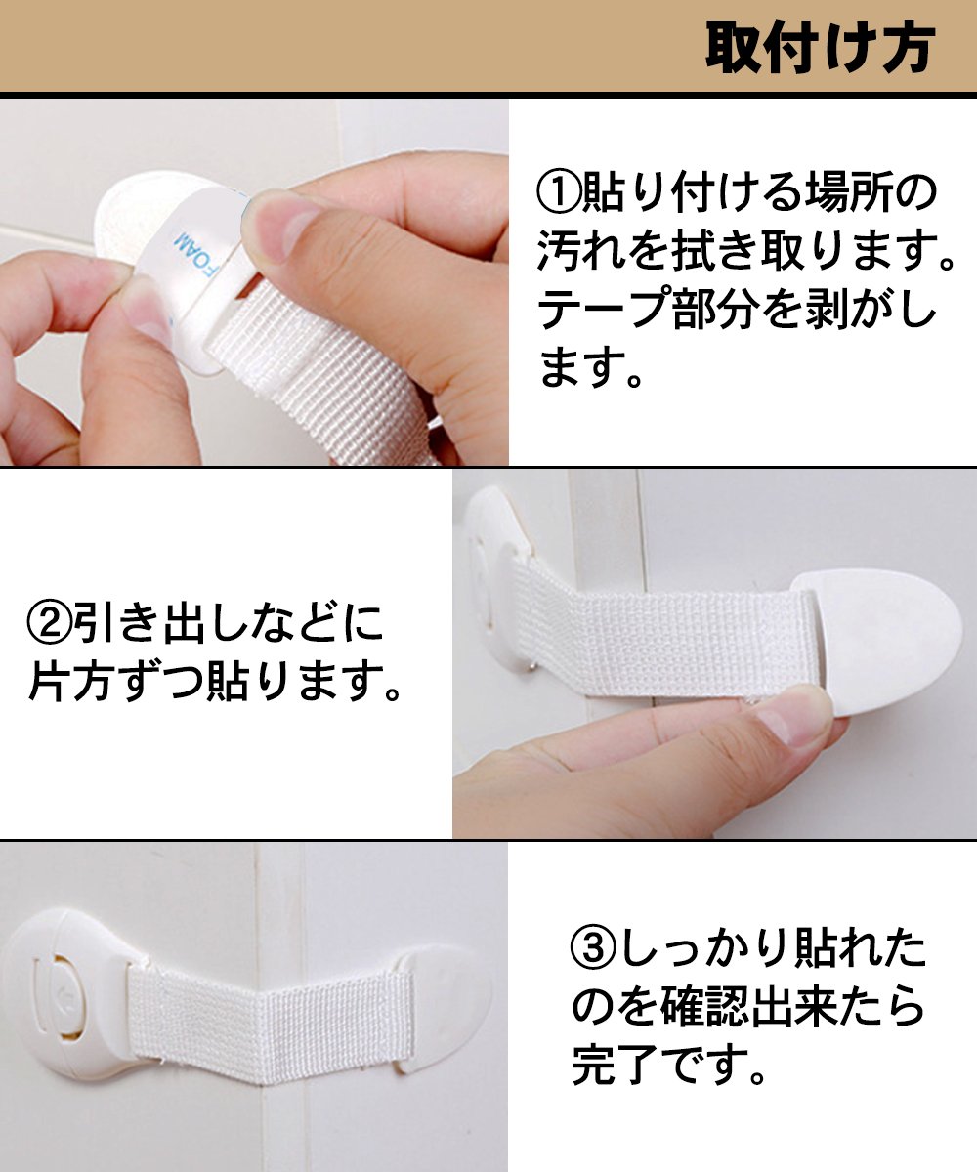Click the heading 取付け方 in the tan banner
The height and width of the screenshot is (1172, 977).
coord(821,47)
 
